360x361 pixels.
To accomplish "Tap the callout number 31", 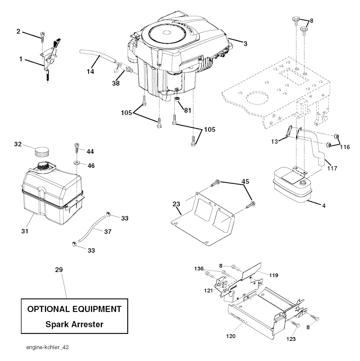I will coord(25,231).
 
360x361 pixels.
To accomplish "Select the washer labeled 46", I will coord(76,164).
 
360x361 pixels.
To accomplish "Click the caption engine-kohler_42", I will coord(47,347).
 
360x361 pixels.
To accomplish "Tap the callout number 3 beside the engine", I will coord(245,44).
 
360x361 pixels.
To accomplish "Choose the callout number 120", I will coord(231,336).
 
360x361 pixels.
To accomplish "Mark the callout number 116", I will coord(345,147).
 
